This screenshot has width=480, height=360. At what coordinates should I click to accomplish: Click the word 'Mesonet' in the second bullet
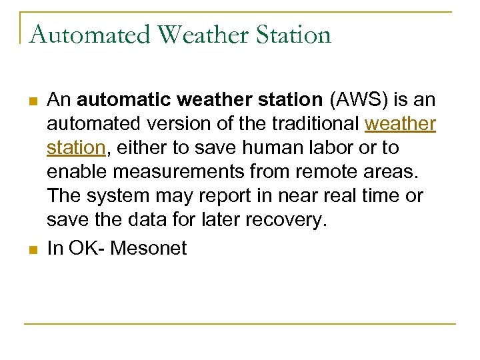tap(149, 249)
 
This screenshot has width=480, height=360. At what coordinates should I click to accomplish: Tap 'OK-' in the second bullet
tap(85, 249)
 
